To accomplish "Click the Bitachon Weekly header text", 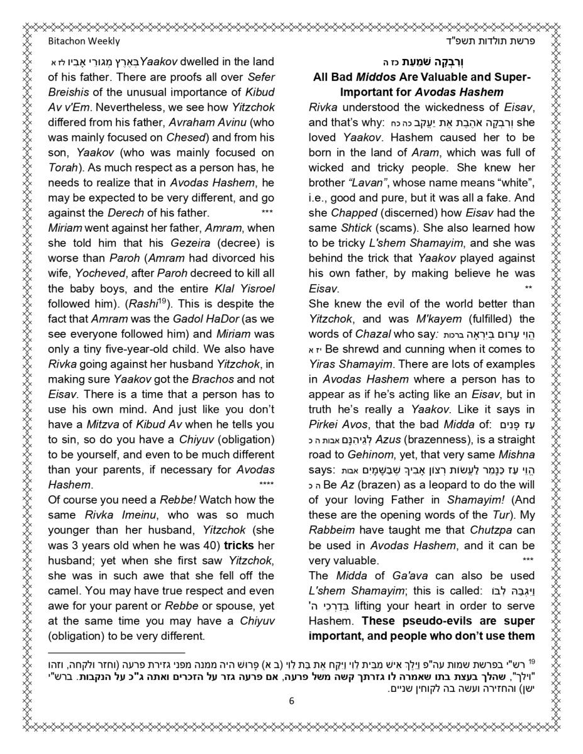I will click(x=84, y=41).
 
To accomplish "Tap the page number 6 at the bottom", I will click(x=291, y=702).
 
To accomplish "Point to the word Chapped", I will click(x=353, y=212).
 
